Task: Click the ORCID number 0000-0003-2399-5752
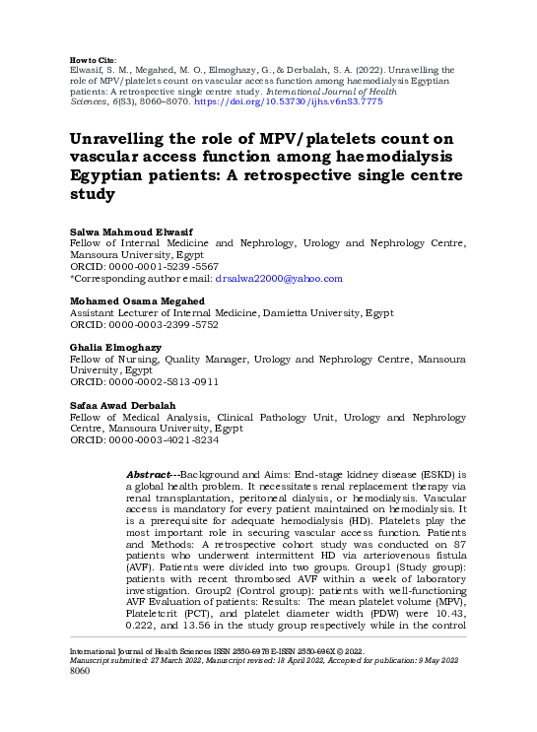163,323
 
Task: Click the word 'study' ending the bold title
92,194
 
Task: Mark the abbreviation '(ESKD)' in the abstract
438,475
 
